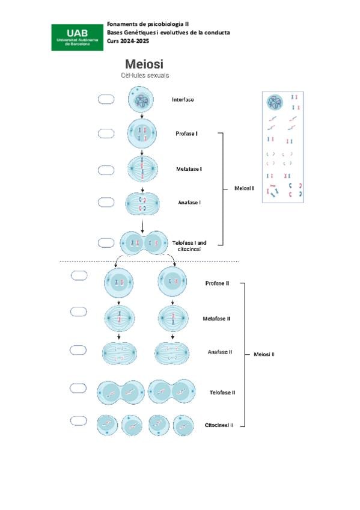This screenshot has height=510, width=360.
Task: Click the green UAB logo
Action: pyautogui.click(x=78, y=37)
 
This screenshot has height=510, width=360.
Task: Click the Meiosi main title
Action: pyautogui.click(x=144, y=64)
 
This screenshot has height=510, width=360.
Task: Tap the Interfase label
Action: pyautogui.click(x=183, y=100)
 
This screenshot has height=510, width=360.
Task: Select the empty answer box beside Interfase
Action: pyautogui.click(x=106, y=99)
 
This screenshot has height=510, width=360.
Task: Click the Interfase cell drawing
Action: pyautogui.click(x=141, y=99)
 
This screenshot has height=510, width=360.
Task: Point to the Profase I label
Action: pyautogui.click(x=186, y=134)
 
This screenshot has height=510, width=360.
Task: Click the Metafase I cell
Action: pyautogui.click(x=142, y=169)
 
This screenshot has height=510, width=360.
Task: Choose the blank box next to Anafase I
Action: pyautogui.click(x=106, y=202)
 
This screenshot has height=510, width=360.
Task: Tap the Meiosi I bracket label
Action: pyautogui.click(x=244, y=188)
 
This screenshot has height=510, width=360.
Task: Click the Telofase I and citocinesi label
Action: pyautogui.click(x=189, y=245)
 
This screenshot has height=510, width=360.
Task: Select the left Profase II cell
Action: pyautogui.click(x=118, y=283)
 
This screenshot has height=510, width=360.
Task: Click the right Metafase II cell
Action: pyautogui.click(x=173, y=318)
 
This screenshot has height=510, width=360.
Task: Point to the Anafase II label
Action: pyautogui.click(x=220, y=352)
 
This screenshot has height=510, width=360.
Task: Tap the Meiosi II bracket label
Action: pyautogui.click(x=264, y=354)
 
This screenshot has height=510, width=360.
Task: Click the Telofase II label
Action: pyautogui.click(x=222, y=393)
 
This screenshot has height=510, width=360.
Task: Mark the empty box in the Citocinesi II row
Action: pyautogui.click(x=79, y=420)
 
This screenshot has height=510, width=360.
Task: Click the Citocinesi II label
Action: pyautogui.click(x=219, y=425)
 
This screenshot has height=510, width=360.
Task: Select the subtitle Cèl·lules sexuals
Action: pyautogui.click(x=145, y=75)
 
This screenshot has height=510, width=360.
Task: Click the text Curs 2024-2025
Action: pyautogui.click(x=128, y=41)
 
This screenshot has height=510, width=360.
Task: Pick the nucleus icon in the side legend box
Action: pyautogui.click(x=275, y=102)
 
